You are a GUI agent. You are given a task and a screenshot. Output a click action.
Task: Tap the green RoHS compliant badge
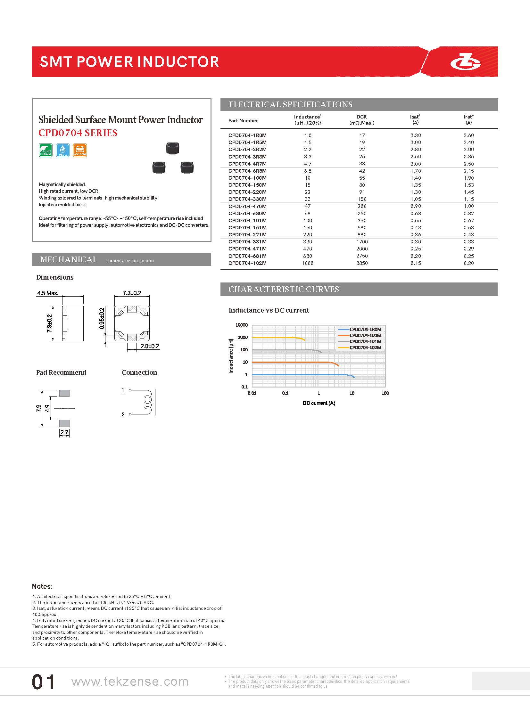point(46,150)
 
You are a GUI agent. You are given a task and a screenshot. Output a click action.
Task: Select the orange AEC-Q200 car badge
point(80,150)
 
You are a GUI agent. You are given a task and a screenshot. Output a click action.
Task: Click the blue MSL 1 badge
point(62,150)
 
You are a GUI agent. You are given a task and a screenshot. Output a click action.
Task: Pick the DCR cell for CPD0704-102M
point(362,263)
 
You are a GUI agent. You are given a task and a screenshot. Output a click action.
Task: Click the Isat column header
point(415,119)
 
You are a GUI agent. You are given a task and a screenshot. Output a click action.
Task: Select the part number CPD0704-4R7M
point(247,164)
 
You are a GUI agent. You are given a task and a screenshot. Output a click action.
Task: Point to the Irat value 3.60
point(468,135)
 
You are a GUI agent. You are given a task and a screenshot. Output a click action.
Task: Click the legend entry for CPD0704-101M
point(365,341)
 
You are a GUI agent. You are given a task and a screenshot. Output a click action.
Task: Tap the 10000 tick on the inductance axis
point(242,325)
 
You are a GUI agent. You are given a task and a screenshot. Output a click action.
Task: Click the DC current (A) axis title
point(319,403)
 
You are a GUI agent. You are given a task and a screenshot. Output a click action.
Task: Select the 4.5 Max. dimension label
point(47,293)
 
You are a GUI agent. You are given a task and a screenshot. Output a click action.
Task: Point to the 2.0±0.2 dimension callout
point(150,346)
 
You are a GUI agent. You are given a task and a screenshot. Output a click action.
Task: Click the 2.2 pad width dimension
point(64,432)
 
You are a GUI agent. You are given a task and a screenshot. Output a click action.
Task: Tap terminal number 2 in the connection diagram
point(123,414)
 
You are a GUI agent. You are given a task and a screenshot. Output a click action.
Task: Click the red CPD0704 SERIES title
point(78,133)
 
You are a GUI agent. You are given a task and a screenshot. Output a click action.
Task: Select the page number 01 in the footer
point(43,682)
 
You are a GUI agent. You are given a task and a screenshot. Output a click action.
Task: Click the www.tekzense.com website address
point(129,682)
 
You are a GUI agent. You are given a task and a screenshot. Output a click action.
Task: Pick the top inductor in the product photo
point(173,149)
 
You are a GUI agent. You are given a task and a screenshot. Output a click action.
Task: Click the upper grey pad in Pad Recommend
point(64,393)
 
